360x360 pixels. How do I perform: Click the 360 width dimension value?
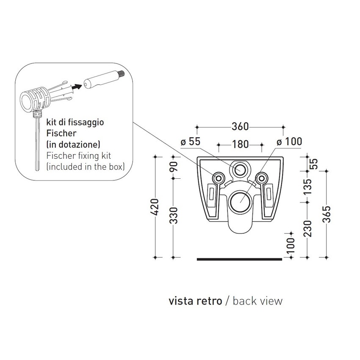(x=240, y=127)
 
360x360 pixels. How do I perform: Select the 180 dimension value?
(x=240, y=144)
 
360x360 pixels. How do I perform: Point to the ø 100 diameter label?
(x=289, y=141)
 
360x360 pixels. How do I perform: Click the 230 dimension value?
(x=308, y=228)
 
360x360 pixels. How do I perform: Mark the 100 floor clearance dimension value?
(x=291, y=246)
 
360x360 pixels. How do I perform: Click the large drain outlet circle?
(x=240, y=199)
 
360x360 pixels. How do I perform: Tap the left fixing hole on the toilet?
(x=219, y=178)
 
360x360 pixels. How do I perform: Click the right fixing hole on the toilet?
(x=261, y=178)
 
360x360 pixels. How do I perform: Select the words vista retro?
(x=194, y=301)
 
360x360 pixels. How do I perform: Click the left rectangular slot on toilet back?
(x=211, y=194)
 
